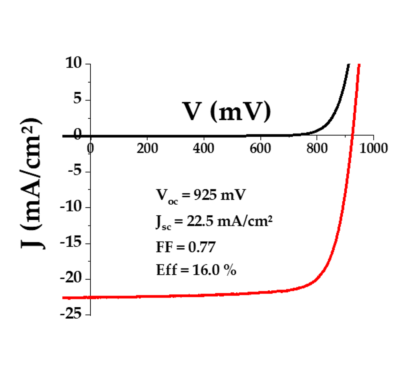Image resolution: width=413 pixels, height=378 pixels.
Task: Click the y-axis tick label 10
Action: (73, 64)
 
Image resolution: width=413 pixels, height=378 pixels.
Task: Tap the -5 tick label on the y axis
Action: (75, 172)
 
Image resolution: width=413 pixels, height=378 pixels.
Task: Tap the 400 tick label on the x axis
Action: (204, 148)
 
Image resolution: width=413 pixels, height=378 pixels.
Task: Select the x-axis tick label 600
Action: (260, 148)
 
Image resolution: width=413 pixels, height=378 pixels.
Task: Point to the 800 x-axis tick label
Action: (317, 148)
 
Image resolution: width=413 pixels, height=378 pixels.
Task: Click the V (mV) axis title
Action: (227, 111)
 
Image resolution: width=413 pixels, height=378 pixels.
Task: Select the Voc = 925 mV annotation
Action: (199, 195)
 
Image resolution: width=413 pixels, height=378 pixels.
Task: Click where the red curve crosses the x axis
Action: (353, 136)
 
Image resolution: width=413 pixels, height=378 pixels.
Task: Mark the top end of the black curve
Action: (348, 64)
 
